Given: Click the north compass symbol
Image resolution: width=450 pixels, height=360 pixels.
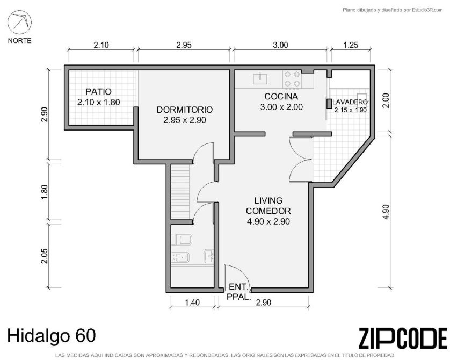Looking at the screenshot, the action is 19,23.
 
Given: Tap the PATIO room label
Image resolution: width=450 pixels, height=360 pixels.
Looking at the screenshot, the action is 98,92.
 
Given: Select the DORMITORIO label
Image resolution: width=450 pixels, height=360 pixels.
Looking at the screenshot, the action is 185,110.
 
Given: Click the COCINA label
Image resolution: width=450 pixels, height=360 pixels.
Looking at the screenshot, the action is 281,97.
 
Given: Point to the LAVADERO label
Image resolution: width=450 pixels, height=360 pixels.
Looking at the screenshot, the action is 350,102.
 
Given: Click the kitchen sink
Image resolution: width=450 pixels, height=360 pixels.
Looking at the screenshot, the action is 260,78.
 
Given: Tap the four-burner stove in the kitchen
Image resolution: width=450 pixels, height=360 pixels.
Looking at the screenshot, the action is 292,79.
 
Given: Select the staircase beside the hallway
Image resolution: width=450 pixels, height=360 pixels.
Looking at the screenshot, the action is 180,191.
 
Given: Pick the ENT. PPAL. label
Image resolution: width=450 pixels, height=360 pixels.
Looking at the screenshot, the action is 239,292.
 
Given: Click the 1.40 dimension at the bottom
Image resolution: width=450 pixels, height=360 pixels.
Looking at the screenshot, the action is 192,303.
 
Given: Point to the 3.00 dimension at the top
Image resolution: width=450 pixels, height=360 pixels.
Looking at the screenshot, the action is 280,45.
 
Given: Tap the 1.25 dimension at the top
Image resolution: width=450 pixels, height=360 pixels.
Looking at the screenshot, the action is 351,45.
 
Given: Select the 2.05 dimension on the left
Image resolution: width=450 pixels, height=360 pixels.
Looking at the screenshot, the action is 44,256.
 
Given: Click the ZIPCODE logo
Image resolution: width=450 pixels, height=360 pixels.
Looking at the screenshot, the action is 403,339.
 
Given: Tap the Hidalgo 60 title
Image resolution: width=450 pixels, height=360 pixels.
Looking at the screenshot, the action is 52,336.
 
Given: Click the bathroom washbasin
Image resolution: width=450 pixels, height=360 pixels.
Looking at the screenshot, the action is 209,256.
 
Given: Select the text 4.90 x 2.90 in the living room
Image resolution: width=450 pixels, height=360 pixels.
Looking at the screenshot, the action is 268,221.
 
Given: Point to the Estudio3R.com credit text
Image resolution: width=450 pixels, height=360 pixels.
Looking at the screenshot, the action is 393,10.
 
